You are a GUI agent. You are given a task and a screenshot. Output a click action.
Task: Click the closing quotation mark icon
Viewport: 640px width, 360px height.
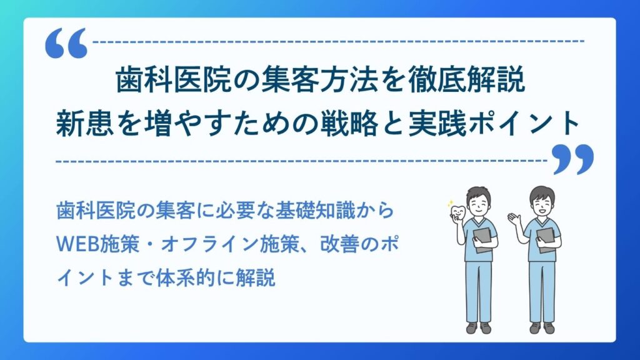(572, 160)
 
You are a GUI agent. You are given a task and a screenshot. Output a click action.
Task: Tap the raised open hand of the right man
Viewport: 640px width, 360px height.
(514, 218)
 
